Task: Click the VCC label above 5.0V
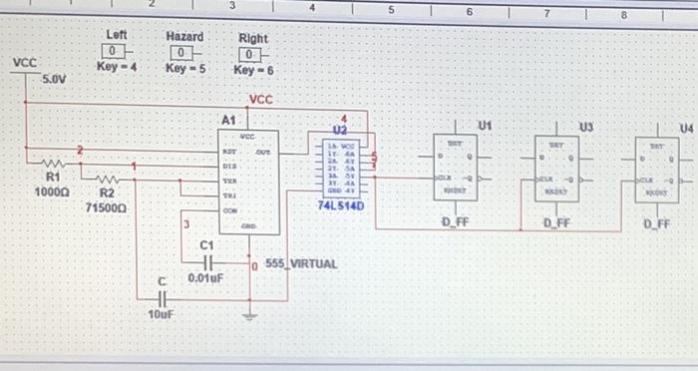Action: (24, 62)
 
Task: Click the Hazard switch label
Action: (184, 36)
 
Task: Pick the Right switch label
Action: (252, 39)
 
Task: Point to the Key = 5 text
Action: (184, 69)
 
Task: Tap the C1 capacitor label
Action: (207, 244)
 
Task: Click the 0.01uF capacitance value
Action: (204, 278)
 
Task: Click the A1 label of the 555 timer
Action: (228, 119)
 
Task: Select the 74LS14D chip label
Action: (341, 205)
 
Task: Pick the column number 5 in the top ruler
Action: (391, 9)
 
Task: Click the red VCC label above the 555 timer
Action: (260, 100)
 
